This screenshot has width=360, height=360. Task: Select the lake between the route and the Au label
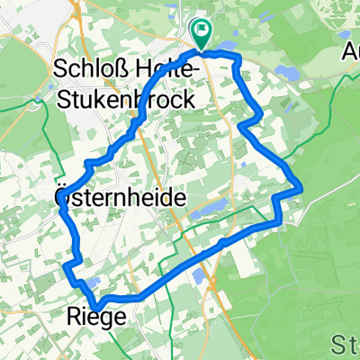coord(285,70)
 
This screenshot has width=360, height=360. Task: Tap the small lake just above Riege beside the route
coord(93,285)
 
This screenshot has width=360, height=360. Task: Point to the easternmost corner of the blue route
coord(300,187)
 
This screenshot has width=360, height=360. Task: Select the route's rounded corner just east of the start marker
coord(238,58)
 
